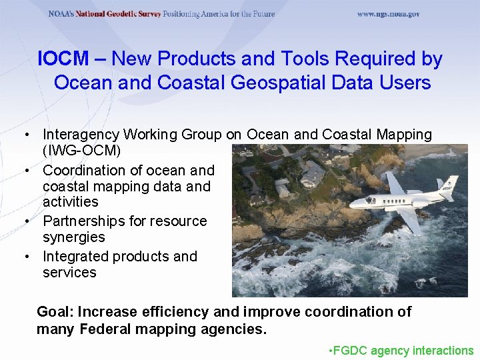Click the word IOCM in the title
(x=63, y=59)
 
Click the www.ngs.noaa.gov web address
(x=389, y=14)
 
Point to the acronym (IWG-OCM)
(x=82, y=150)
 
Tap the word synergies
(x=74, y=237)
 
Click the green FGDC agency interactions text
(x=401, y=351)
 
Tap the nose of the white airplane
(x=353, y=206)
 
